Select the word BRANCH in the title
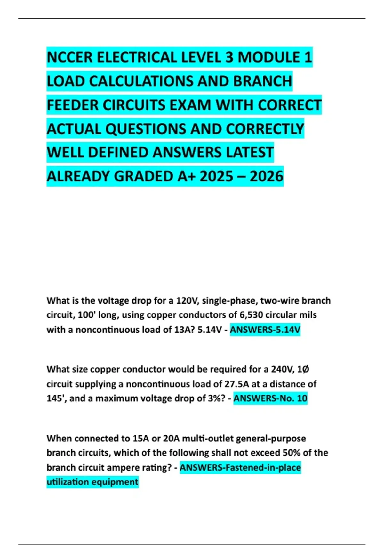(262, 81)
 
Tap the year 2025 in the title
(216, 176)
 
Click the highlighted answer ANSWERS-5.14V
(265, 330)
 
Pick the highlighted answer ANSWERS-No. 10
(270, 398)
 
